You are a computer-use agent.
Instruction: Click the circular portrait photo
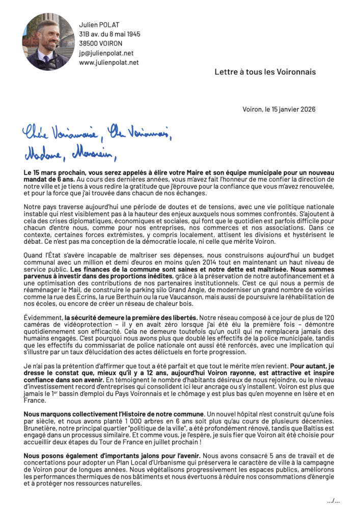click(48, 42)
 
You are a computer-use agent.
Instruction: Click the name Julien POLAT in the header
click(99, 24)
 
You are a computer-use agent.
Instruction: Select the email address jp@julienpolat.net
click(106, 53)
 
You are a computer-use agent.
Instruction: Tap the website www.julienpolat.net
click(108, 63)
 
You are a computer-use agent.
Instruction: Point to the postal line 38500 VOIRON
click(101, 43)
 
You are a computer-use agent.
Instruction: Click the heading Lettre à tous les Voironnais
click(265, 72)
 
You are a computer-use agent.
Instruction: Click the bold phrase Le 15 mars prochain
click(53, 172)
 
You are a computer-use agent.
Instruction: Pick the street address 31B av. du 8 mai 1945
click(109, 34)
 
